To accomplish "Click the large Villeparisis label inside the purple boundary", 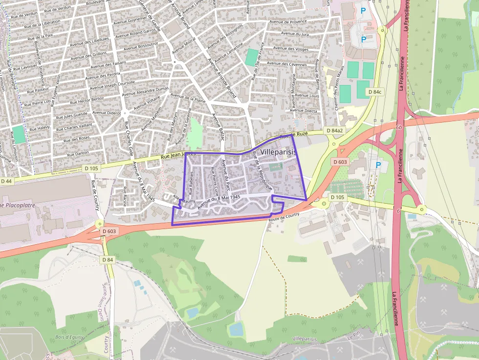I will (x=279, y=152).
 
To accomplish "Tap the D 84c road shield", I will (x=374, y=92).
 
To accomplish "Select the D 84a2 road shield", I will (x=334, y=131).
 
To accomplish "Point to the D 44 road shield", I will (x=6, y=181).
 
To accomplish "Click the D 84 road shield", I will (x=108, y=260).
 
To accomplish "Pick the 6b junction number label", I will (x=399, y=127).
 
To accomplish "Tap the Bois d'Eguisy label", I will (x=69, y=337).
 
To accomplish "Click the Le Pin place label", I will (x=353, y=338).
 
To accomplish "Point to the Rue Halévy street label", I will (x=40, y=128).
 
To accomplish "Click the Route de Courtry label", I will (x=283, y=215).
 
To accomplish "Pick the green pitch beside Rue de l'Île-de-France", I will (x=252, y=57).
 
